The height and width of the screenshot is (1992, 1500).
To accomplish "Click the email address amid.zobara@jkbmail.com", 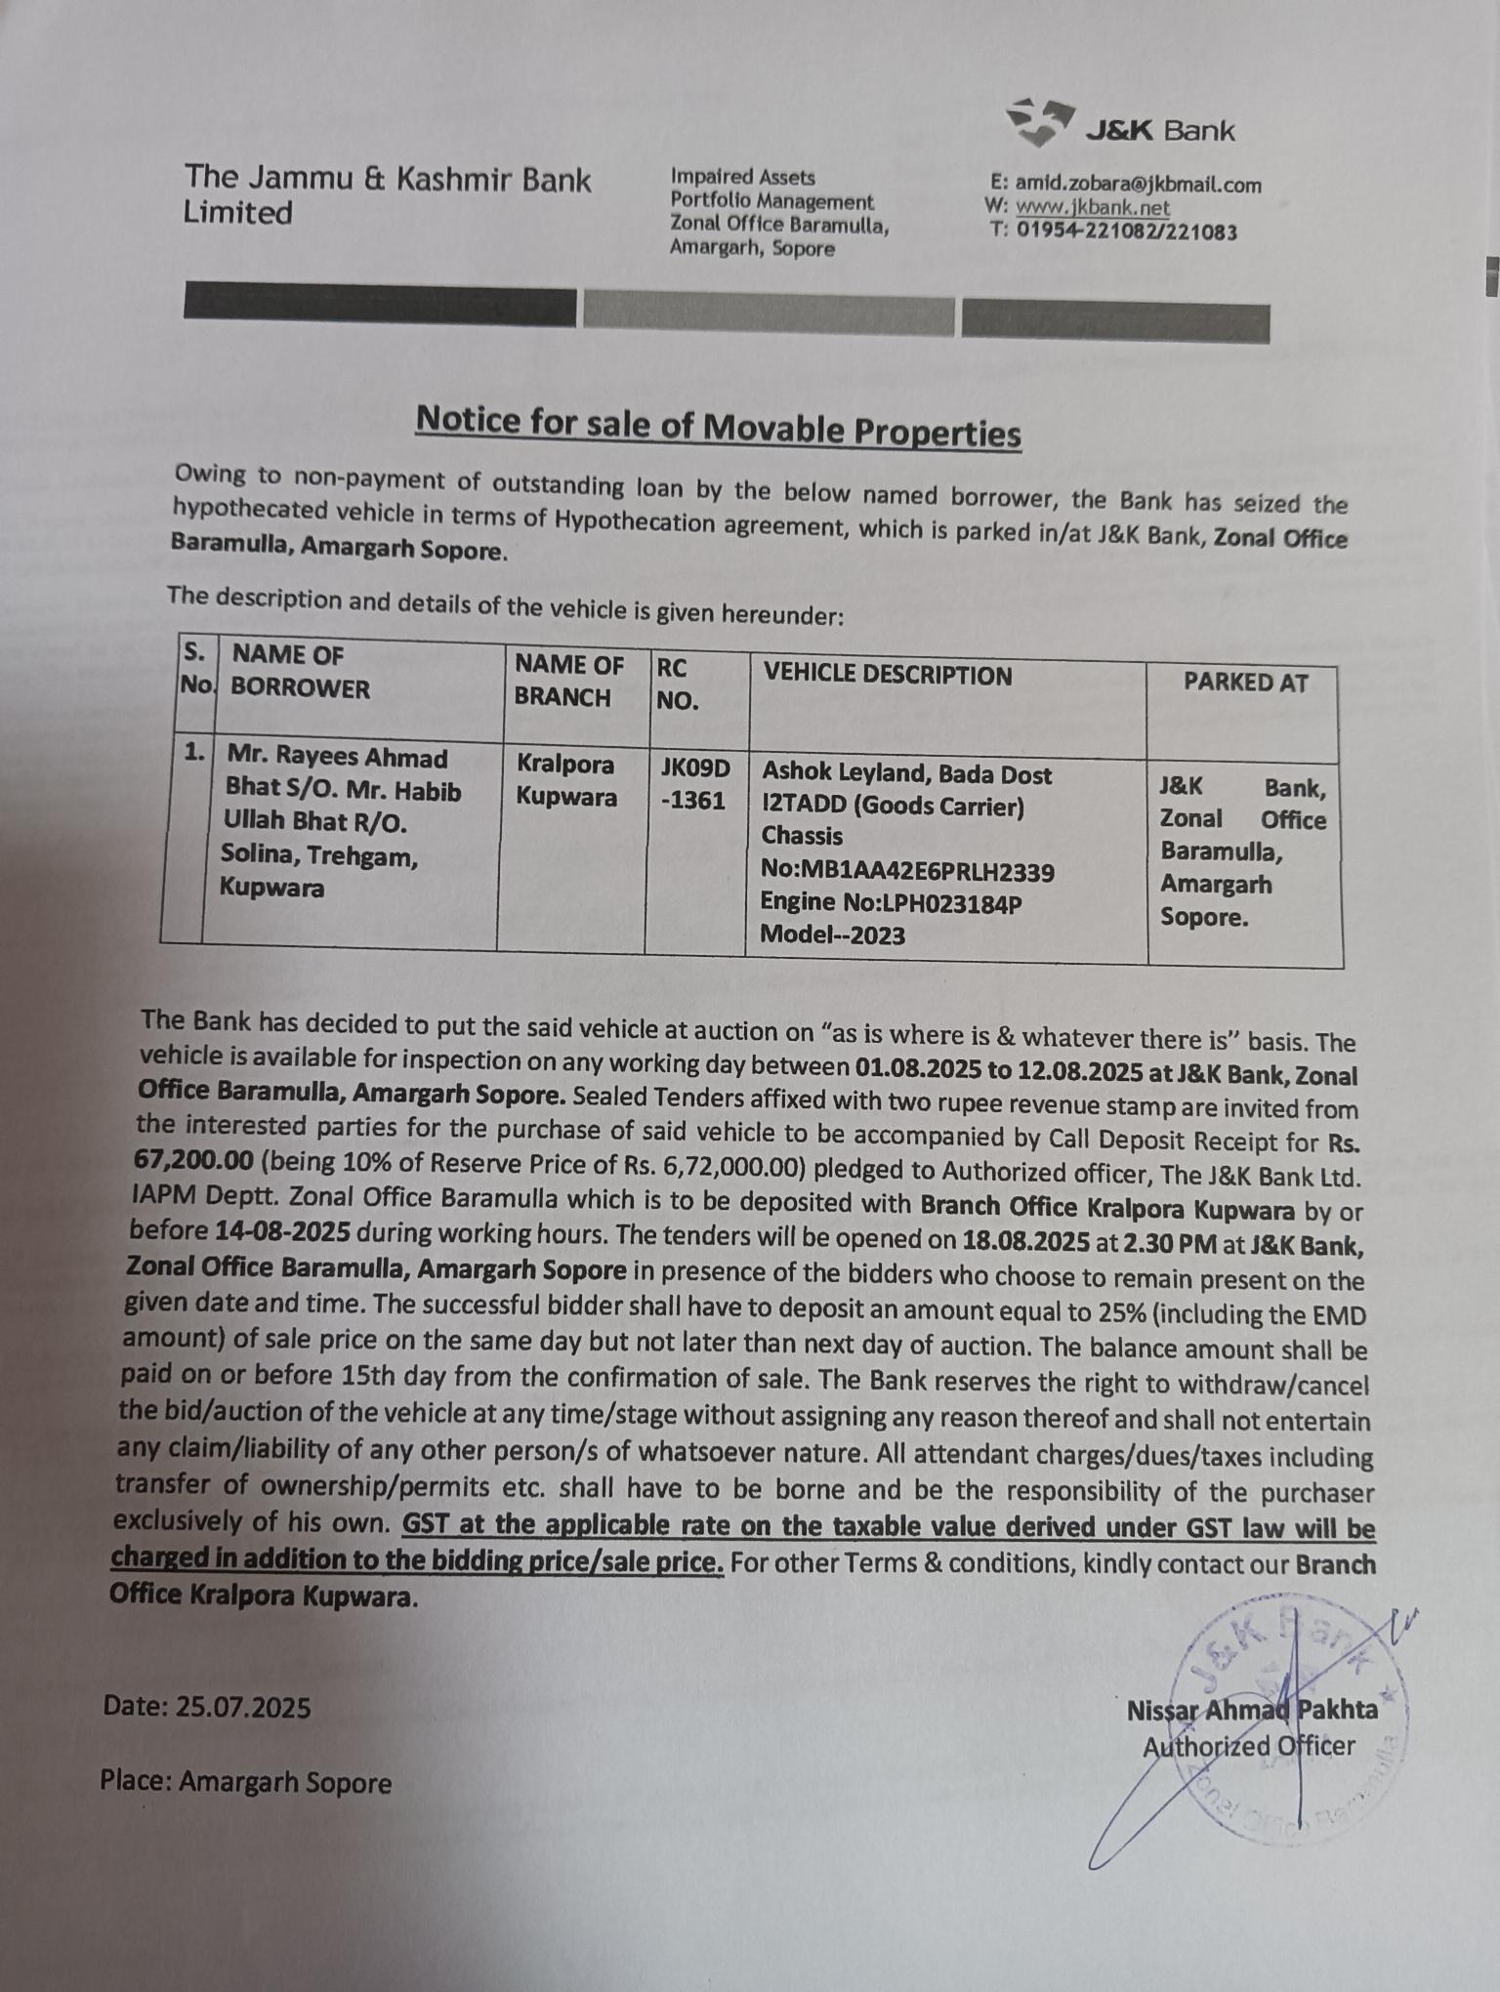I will [1138, 184].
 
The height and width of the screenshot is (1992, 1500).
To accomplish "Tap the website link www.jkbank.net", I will [1092, 207].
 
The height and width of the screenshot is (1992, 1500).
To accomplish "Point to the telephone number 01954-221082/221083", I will [1126, 231].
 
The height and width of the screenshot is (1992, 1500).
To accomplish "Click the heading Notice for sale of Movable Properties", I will [718, 427].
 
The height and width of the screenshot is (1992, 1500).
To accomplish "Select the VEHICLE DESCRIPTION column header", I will [887, 675].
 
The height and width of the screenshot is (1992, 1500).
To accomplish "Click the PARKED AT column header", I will [1245, 683].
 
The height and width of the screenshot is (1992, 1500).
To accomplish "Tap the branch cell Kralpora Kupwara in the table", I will [566, 780].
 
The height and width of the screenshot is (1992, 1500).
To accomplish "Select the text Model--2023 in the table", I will [832, 934].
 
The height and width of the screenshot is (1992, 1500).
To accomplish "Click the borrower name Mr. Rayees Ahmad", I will [337, 758].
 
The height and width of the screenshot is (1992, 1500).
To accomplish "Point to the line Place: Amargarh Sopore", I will [245, 1781].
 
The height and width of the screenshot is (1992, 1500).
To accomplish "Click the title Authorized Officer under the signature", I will [1248, 1746].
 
